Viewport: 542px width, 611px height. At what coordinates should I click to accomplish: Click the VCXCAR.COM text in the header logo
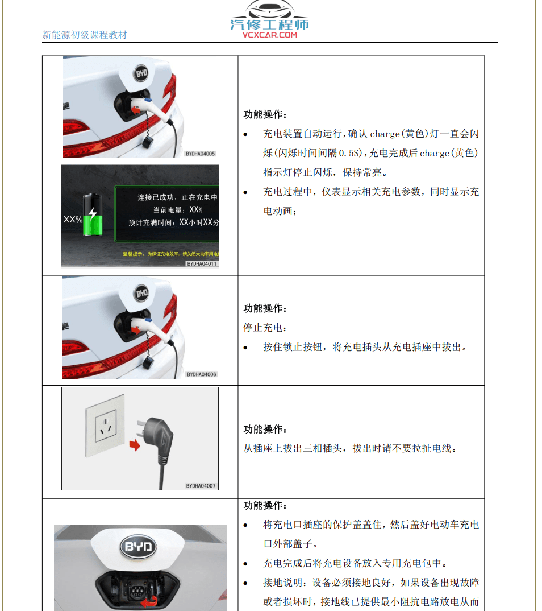pos(270,35)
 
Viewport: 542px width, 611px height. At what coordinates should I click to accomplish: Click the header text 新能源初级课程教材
pos(85,35)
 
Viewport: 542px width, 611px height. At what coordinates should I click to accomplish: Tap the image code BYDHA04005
pos(201,154)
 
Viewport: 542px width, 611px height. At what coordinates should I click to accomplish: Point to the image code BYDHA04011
pos(202,264)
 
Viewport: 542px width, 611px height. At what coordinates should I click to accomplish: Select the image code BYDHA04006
pos(201,374)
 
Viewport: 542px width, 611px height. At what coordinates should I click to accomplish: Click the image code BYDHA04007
pos(201,486)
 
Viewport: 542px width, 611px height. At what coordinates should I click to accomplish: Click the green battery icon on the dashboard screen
pos(91,214)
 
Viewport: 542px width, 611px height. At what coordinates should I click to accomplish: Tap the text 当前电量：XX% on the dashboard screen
pos(170,210)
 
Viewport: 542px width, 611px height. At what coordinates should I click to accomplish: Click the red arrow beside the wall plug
pos(134,444)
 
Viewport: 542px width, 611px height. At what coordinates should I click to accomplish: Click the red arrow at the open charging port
pos(150,602)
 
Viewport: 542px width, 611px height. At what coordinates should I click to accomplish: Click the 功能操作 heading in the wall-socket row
pos(265,430)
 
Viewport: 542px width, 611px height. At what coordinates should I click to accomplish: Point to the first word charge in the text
pos(385,134)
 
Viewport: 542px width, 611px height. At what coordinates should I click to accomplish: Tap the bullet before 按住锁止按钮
pos(245,347)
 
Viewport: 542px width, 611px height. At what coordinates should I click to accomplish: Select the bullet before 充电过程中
pos(245,192)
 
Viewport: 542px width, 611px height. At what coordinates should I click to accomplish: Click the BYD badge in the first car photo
pos(140,73)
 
